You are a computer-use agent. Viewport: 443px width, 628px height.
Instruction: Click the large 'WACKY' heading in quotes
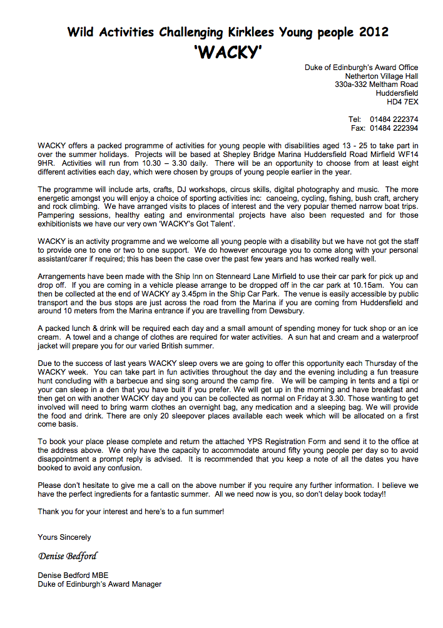pyautogui.click(x=228, y=52)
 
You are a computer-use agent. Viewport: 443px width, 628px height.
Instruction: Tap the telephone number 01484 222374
pyautogui.click(x=394, y=119)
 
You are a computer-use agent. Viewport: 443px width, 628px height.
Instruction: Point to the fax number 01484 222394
pyautogui.click(x=394, y=128)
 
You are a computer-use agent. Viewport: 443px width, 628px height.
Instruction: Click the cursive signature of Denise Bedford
pyautogui.click(x=68, y=555)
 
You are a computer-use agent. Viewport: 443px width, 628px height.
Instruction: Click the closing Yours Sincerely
pyautogui.click(x=64, y=537)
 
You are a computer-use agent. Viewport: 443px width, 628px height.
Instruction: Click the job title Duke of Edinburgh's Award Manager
pyautogui.click(x=99, y=584)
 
